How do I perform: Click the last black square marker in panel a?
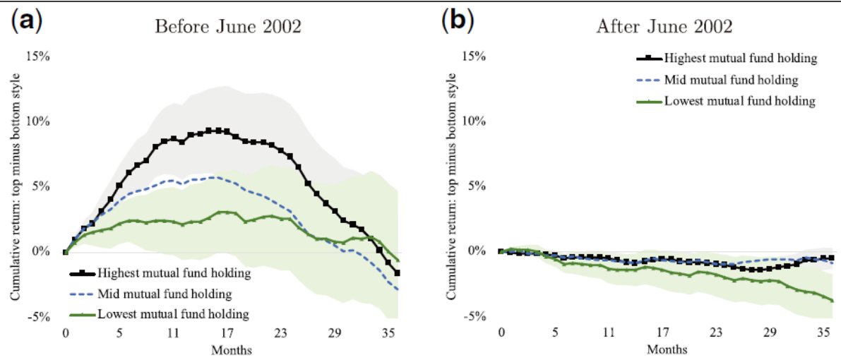pos(398,273)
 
